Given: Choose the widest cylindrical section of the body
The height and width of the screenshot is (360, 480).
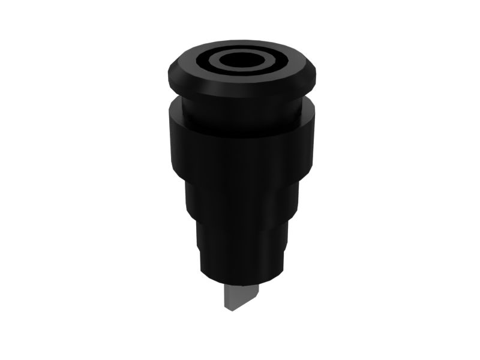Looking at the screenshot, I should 240,150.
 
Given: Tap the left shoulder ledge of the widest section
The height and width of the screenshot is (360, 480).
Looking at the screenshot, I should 173,107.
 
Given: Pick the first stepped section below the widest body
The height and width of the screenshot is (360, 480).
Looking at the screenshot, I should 240,198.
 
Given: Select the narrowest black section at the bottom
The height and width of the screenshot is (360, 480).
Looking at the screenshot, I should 240,264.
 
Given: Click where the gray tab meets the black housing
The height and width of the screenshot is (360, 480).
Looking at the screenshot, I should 241,284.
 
